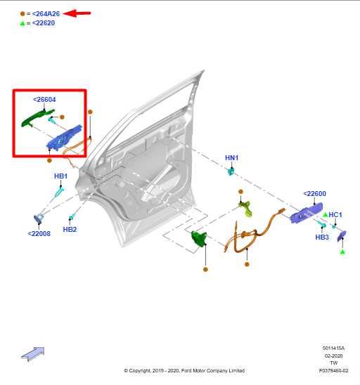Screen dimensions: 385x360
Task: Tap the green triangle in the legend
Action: coord(22,22)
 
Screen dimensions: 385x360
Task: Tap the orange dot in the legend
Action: coord(22,13)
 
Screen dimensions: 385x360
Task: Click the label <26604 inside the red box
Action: coord(44,100)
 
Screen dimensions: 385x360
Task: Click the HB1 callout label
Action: coord(60,176)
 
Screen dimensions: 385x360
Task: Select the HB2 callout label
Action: coord(70,229)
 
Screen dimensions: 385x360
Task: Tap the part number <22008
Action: coord(39,233)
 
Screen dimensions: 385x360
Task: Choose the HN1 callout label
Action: coord(231,158)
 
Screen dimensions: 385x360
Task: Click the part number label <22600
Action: coord(314,194)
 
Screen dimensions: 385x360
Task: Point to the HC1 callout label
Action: coord(335,214)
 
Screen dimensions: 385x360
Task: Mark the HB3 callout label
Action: coord(322,237)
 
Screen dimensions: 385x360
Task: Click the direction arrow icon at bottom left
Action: coord(32,353)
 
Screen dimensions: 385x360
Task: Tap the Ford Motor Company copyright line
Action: coord(184,370)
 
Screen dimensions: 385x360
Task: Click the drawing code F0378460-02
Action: coord(333,370)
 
